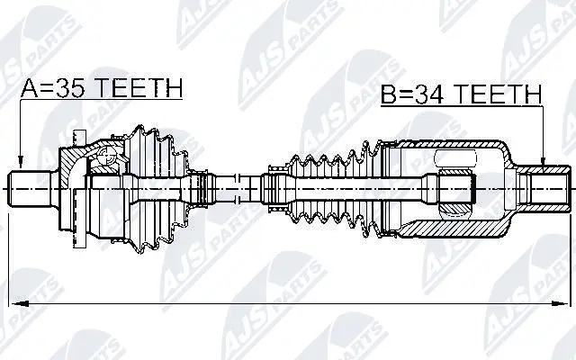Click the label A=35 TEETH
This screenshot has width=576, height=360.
click(102, 88)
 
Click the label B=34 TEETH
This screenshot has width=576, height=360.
click(461, 94)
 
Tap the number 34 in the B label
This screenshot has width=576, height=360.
click(430, 94)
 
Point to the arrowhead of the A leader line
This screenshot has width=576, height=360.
click(21, 162)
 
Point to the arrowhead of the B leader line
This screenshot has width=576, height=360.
click(543, 162)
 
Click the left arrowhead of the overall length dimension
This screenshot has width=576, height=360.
click(19, 304)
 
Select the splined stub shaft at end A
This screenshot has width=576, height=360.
click(30, 189)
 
